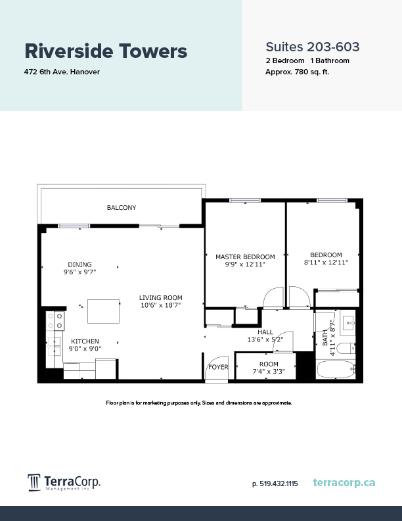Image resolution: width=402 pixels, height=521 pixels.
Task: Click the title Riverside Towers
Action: point(106,51)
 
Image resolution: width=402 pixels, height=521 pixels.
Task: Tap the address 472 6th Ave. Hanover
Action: point(62,72)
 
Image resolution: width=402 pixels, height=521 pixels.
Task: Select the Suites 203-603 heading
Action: point(312,47)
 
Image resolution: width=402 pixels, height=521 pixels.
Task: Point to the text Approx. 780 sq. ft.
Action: point(297,72)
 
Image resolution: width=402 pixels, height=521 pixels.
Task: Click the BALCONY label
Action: point(122,208)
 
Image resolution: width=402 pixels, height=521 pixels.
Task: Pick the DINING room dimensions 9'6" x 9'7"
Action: point(79,272)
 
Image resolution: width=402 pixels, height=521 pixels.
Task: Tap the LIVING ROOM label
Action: point(160,297)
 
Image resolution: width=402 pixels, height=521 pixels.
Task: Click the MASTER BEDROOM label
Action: point(245,257)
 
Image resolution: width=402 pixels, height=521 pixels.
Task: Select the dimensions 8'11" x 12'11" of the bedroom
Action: point(326,262)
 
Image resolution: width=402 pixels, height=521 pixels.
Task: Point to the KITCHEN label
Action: point(85,341)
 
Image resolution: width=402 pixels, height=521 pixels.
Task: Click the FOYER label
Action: point(218,367)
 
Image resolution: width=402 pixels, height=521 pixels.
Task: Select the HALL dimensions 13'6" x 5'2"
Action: point(265,340)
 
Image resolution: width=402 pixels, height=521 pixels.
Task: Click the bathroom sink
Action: point(347,323)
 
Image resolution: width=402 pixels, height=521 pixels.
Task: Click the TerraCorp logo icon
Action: point(34,483)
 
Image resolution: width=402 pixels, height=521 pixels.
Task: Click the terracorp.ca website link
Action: point(344,483)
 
